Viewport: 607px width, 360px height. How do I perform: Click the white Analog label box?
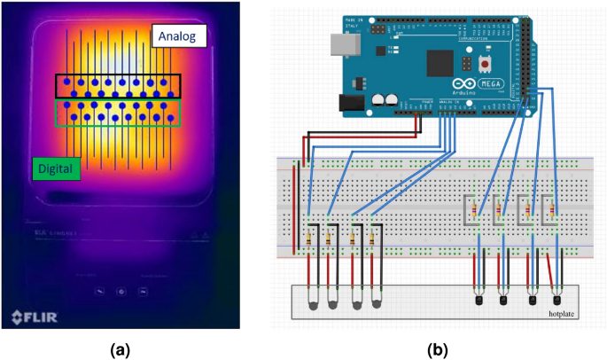click(x=179, y=35)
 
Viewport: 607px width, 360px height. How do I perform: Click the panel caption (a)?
click(x=120, y=349)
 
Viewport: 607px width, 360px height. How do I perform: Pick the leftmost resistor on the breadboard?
click(x=307, y=237)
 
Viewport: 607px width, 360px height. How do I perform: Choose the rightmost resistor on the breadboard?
click(x=554, y=211)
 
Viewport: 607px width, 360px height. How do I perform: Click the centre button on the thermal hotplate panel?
click(x=121, y=291)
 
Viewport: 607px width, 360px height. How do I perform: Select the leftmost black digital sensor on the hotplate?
click(x=479, y=300)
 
